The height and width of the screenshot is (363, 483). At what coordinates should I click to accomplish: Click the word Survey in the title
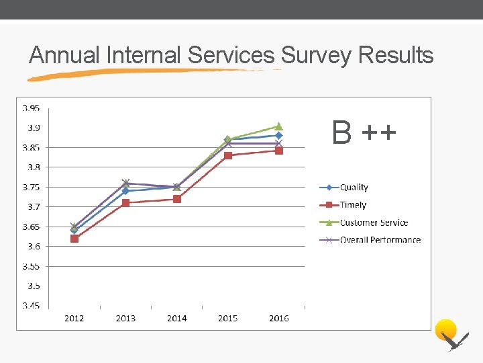tap(317, 55)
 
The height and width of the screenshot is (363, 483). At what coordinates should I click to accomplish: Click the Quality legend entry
tap(354, 188)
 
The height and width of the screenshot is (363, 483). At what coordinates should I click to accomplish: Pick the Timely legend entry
tap(353, 205)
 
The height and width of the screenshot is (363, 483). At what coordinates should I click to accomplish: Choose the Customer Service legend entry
tap(374, 223)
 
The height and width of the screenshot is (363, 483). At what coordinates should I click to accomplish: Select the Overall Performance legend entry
tap(380, 240)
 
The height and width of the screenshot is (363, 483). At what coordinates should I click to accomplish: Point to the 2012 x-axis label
tap(74, 318)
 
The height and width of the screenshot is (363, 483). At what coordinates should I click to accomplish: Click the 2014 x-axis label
tap(177, 318)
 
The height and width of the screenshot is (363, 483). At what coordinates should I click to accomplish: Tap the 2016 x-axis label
tap(279, 318)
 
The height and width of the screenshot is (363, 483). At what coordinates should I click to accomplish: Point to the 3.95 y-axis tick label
tap(31, 108)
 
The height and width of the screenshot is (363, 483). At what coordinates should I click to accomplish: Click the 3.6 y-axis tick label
tap(33, 247)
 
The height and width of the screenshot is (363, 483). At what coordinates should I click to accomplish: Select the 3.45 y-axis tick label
tap(31, 306)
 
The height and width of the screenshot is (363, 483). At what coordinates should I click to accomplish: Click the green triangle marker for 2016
tap(279, 126)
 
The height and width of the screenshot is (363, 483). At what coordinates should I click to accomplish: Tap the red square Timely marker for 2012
tap(74, 239)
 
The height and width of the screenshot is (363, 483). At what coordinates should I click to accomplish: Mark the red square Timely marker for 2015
tap(228, 155)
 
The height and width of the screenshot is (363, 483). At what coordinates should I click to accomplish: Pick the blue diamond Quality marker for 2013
tap(125, 191)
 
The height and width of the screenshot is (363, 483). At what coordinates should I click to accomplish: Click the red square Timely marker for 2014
tap(177, 199)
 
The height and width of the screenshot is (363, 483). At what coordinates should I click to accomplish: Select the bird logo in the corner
tap(450, 335)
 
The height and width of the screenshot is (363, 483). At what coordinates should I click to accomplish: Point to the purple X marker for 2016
tap(279, 143)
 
